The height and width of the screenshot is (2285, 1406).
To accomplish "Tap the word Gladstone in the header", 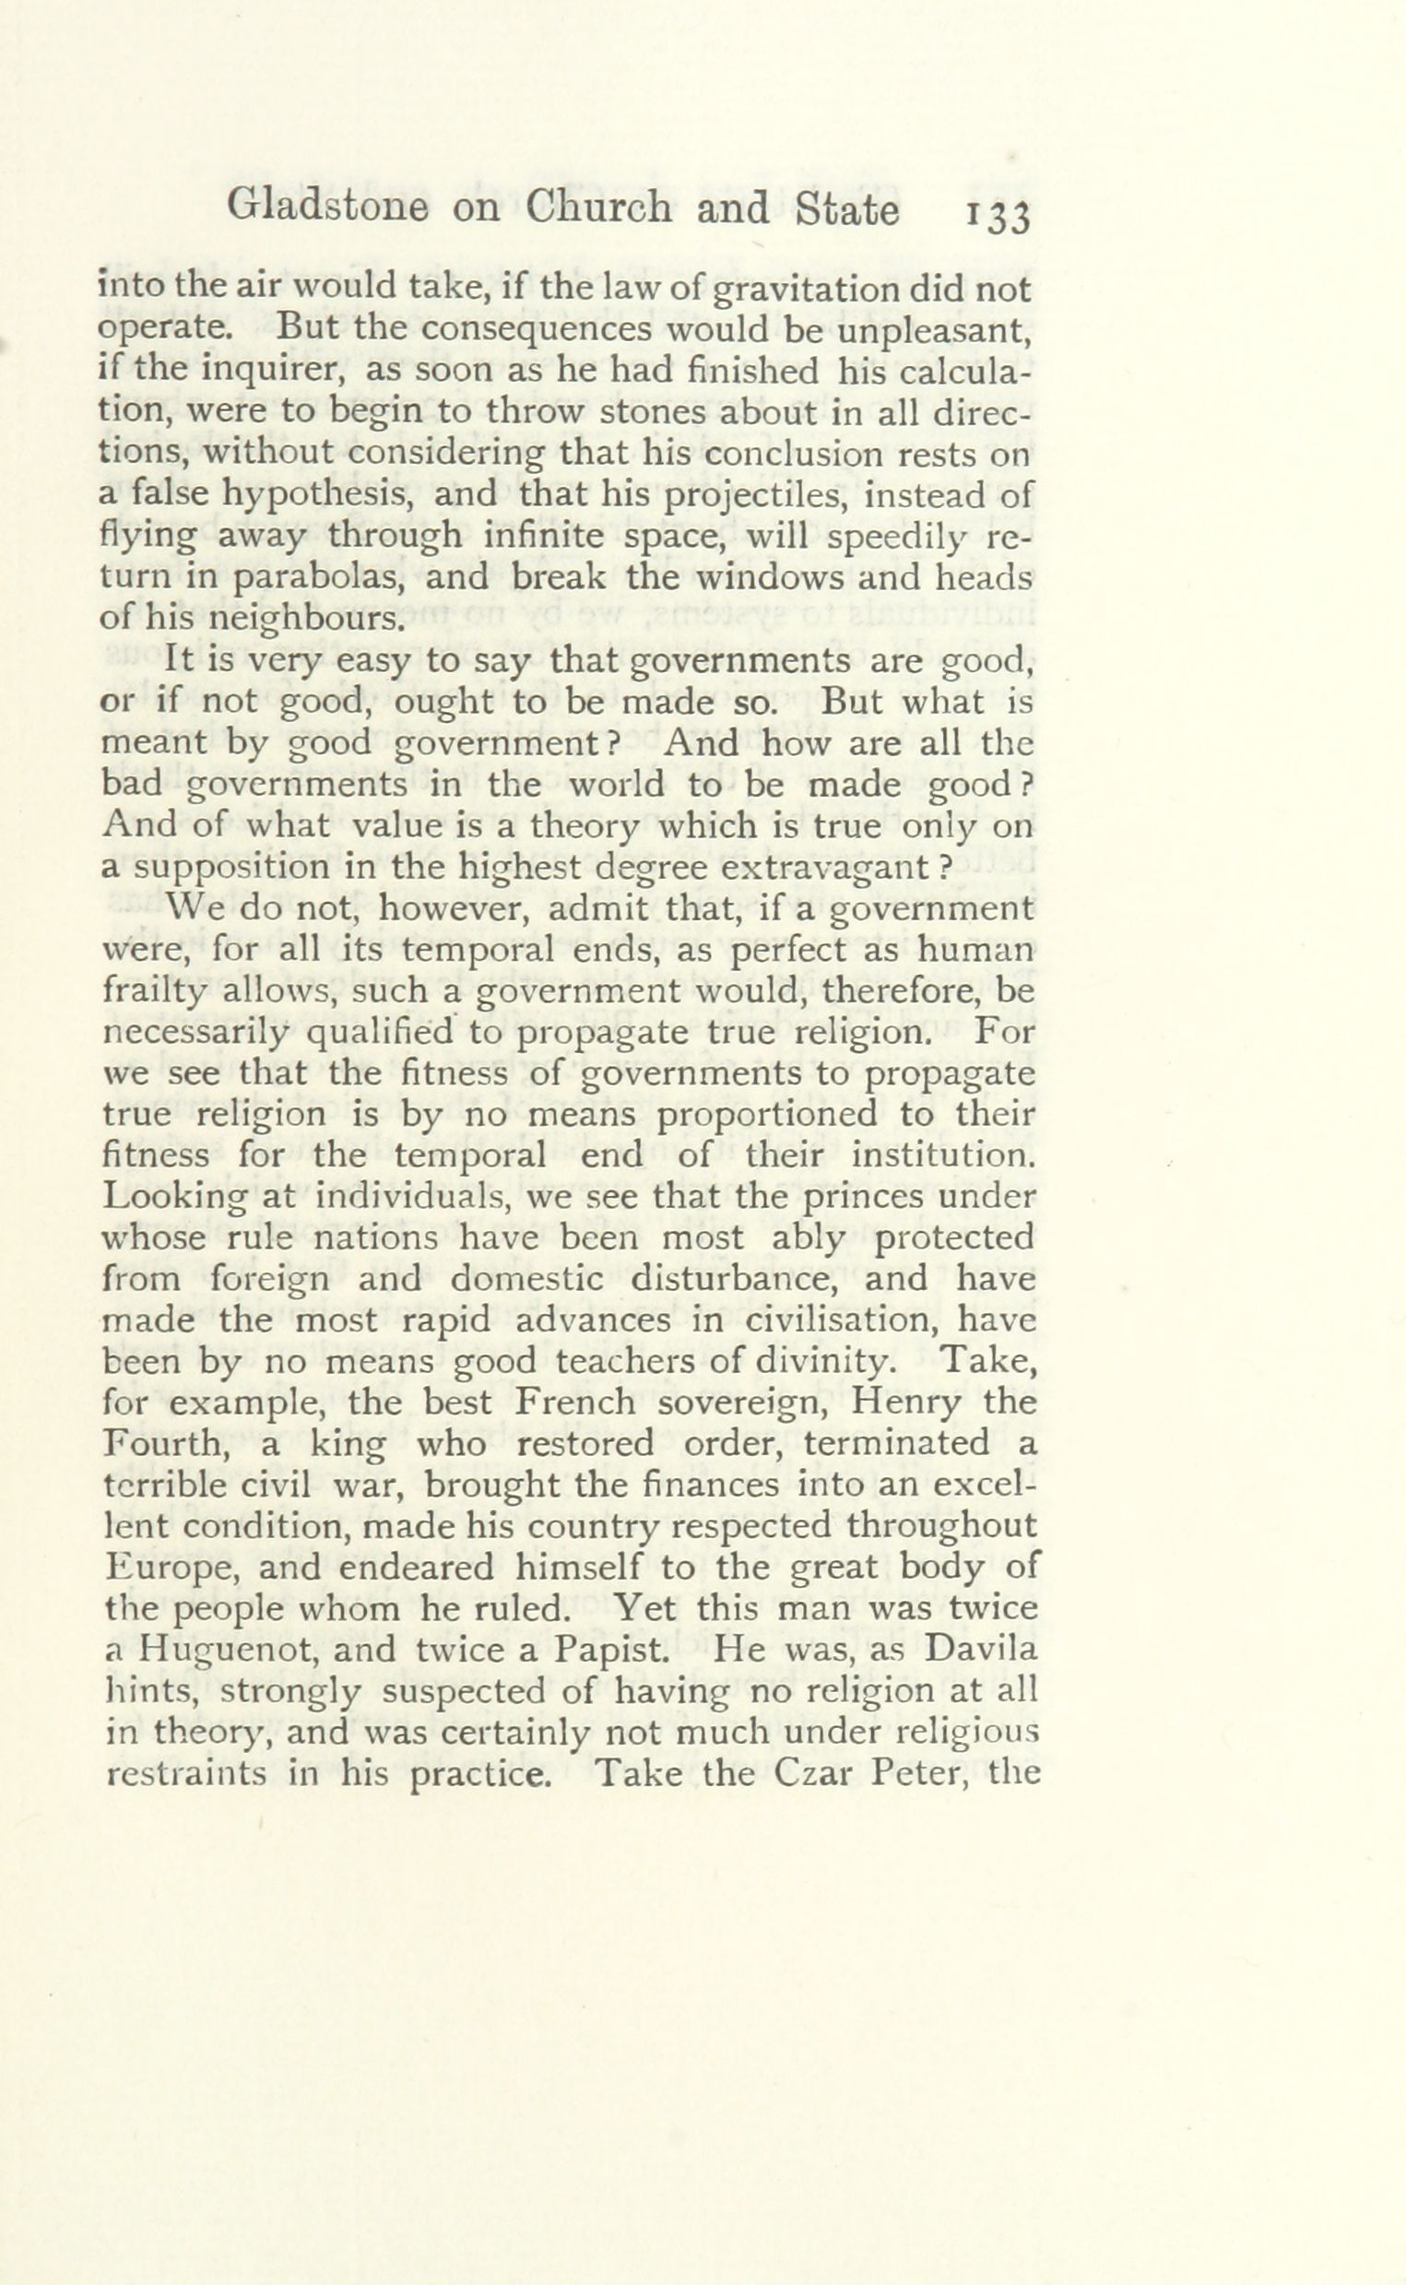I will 327,208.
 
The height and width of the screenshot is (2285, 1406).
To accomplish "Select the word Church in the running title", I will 598,208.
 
